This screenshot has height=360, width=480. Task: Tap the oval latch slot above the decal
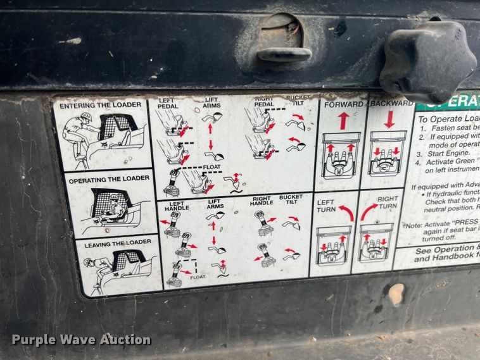click(284, 39)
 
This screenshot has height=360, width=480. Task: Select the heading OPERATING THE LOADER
click(110, 179)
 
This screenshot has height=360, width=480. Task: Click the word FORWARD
click(343, 103)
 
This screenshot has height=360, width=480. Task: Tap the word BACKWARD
click(391, 102)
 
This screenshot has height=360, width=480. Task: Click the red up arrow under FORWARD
click(343, 120)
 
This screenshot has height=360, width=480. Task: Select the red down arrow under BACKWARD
click(389, 119)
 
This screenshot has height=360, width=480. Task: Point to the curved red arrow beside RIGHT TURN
click(369, 212)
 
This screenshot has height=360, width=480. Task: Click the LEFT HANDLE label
click(177, 205)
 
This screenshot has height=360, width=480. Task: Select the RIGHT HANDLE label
click(261, 200)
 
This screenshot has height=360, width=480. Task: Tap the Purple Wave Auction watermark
click(81, 340)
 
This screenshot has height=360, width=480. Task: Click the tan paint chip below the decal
click(396, 293)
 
